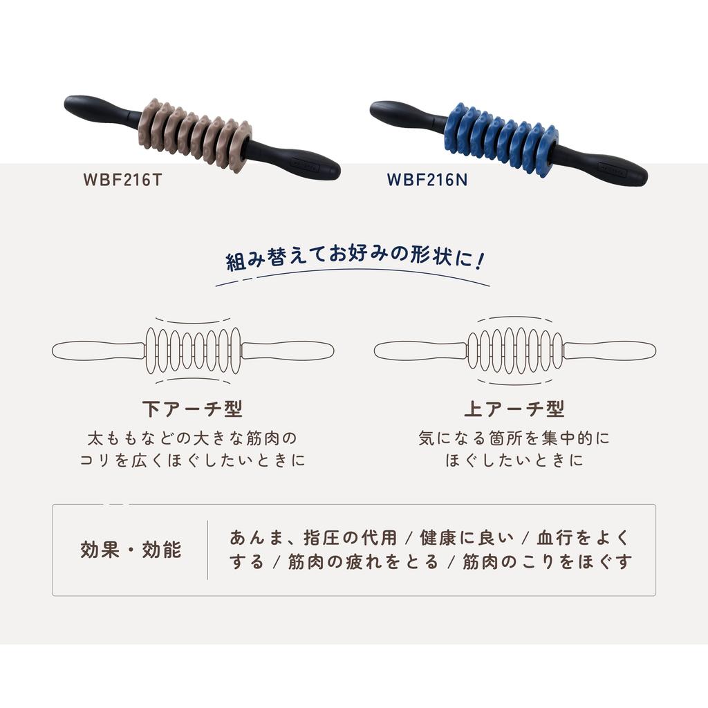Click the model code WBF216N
pyautogui.click(x=427, y=180)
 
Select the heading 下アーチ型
pyautogui.click(x=192, y=409)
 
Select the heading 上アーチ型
pyautogui.click(x=514, y=409)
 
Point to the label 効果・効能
pyautogui.click(x=131, y=550)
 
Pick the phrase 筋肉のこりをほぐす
pyautogui.click(x=548, y=561)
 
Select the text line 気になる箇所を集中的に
pyautogui.click(x=514, y=438)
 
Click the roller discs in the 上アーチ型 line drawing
pyautogui.click(x=514, y=351)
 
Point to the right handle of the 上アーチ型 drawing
pyautogui.click(x=608, y=351)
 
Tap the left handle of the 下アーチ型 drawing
pyautogui.click(x=97, y=351)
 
